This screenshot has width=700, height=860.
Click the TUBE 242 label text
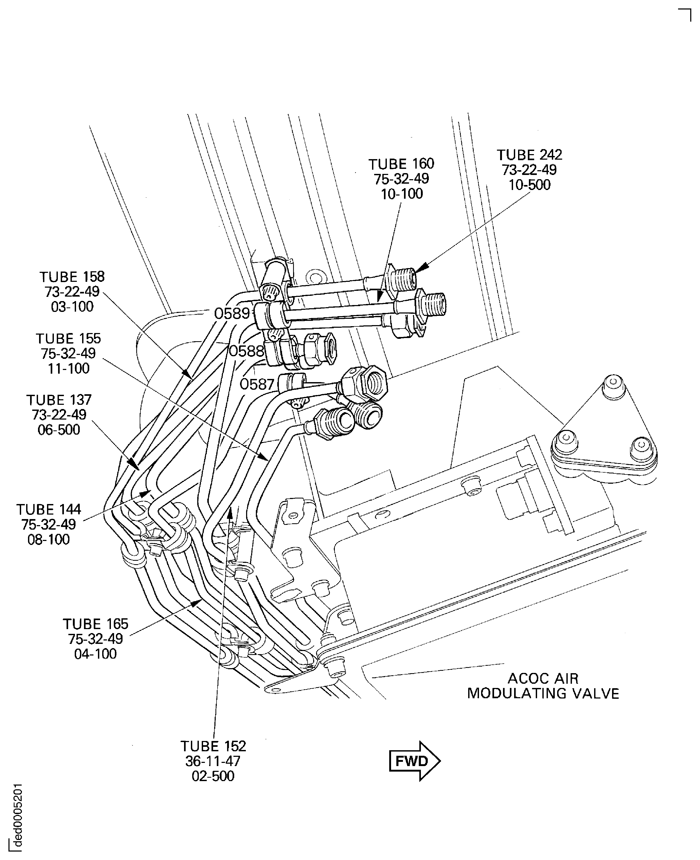point(529,155)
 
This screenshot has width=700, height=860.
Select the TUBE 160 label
point(401,164)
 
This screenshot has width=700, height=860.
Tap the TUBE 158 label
point(72,277)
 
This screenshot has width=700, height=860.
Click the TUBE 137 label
point(59,400)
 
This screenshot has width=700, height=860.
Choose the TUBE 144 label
point(49,509)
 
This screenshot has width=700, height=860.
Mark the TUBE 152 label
point(213,746)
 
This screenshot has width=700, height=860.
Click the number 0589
point(232,313)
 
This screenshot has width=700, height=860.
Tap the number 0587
point(257,384)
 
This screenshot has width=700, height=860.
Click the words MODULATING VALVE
point(543,693)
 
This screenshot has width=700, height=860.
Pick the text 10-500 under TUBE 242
point(529,185)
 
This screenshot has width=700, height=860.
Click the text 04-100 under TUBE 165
point(96,654)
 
